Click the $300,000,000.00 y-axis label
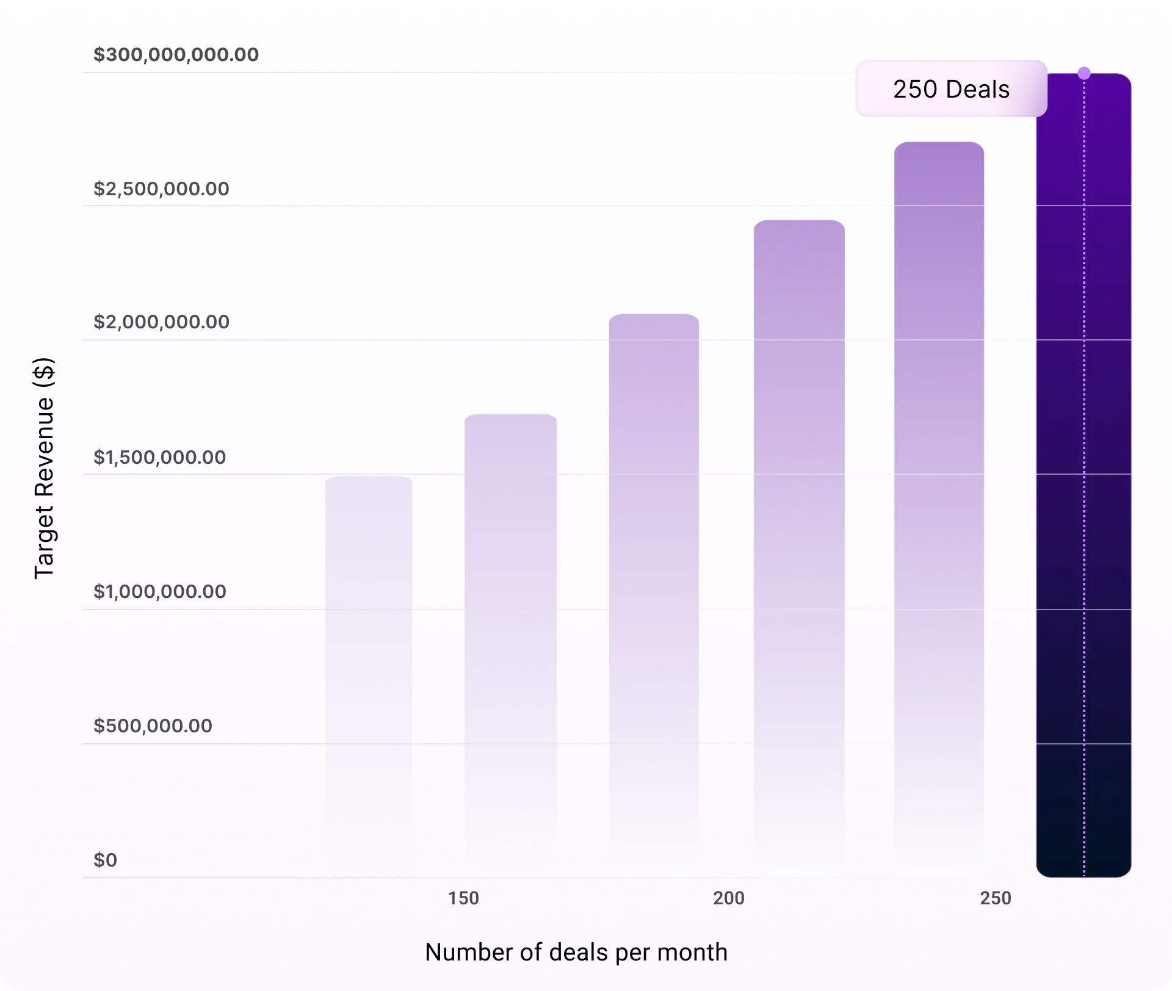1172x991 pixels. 176,55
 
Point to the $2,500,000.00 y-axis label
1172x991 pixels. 161,189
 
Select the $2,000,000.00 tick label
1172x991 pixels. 161,322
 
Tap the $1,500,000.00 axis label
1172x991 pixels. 159,457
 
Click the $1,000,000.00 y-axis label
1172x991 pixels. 159,591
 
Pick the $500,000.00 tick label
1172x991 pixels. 153,726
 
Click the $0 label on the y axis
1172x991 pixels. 105,860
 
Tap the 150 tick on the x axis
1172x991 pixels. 463,898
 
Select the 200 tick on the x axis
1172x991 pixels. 729,898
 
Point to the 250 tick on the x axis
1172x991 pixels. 996,898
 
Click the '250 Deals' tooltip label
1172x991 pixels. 951,89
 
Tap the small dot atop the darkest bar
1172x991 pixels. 1084,73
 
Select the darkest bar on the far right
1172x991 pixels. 1084,476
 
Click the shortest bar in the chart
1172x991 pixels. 369,677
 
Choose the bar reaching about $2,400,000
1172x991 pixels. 799,549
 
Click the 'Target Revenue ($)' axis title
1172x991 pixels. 44,468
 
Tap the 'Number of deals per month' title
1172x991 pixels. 576,952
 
